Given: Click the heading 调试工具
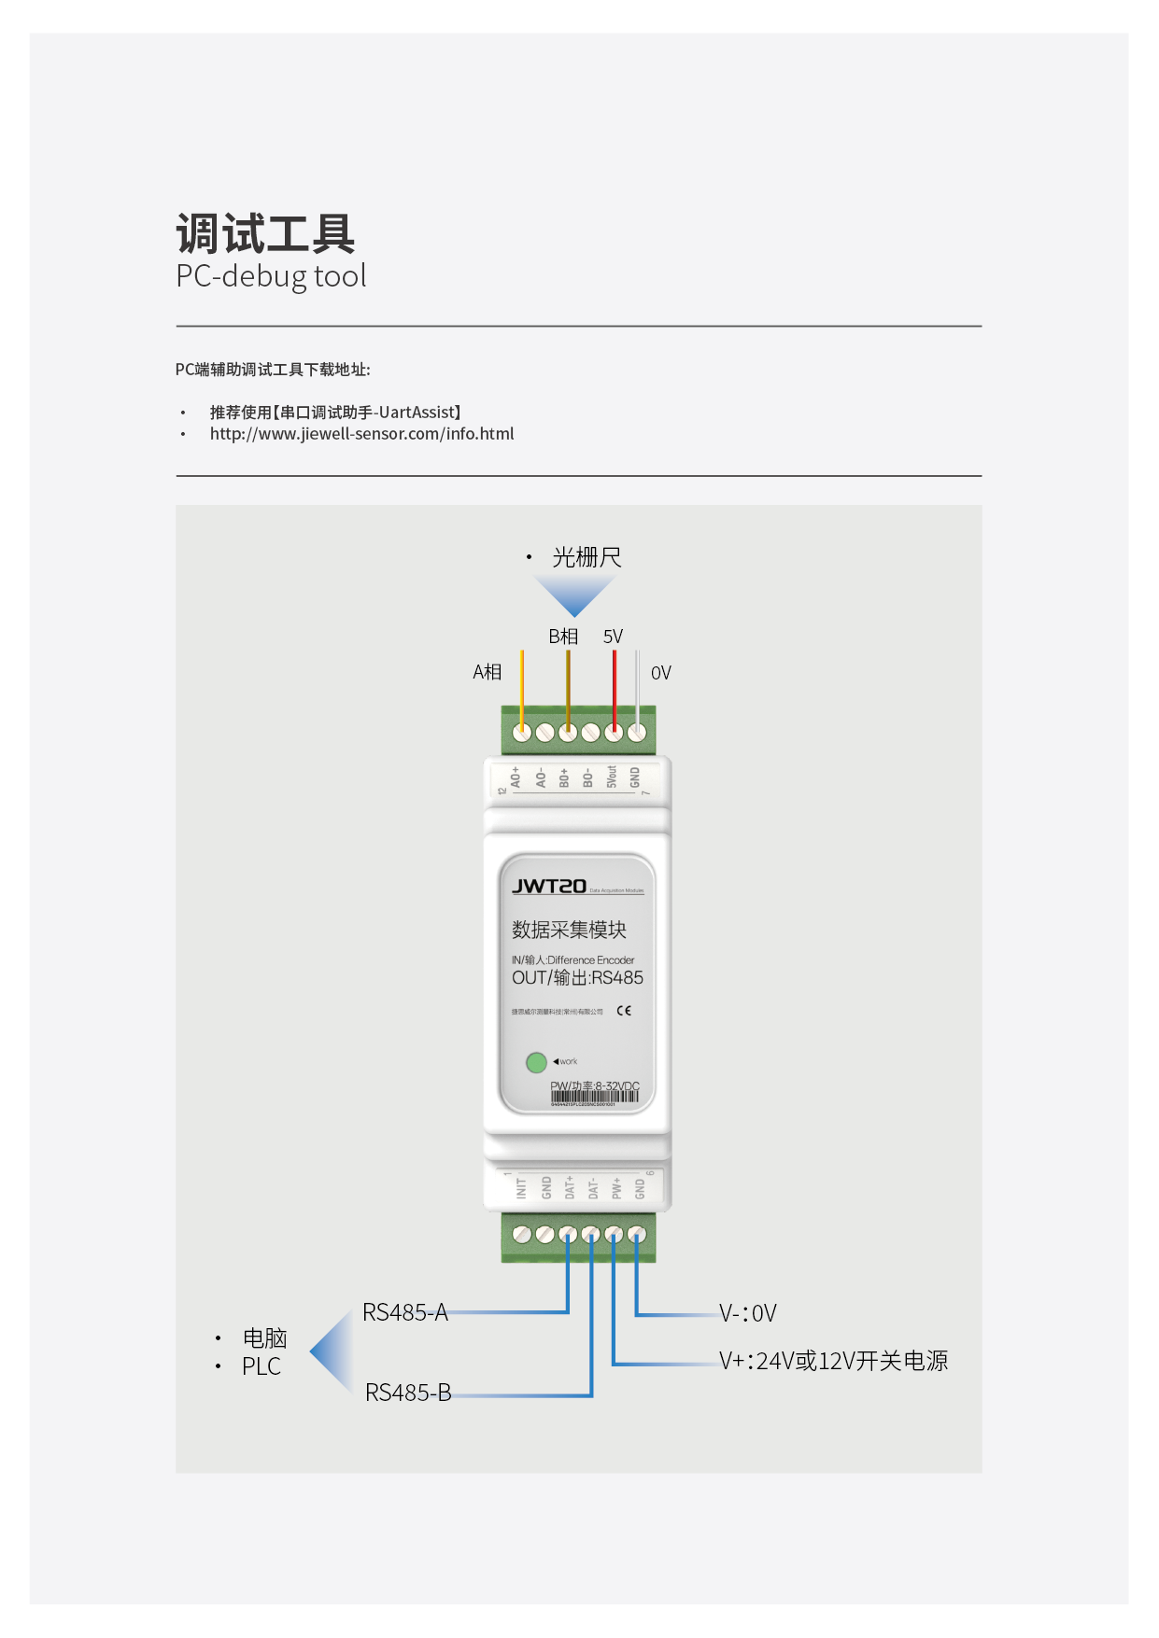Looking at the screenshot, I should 265,233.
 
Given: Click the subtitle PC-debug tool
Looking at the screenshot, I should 271,276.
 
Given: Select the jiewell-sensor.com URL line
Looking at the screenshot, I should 361,434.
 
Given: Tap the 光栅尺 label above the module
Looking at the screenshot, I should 587,558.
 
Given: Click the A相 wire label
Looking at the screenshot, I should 487,672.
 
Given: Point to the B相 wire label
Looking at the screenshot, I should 563,637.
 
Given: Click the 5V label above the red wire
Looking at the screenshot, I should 613,637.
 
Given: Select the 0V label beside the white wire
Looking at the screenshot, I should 660,673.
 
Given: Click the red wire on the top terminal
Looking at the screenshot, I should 614,686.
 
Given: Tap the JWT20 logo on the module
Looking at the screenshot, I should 549,887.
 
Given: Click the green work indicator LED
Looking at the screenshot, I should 536,1062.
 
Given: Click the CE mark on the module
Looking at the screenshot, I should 624,1011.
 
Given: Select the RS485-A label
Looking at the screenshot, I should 405,1313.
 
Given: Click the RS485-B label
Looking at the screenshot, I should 408,1393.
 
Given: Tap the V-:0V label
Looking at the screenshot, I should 748,1314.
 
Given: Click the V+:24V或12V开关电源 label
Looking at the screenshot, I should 833,1362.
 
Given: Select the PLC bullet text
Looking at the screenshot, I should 261,1367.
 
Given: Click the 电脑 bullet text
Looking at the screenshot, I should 264,1338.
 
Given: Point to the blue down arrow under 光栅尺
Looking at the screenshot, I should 574,595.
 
